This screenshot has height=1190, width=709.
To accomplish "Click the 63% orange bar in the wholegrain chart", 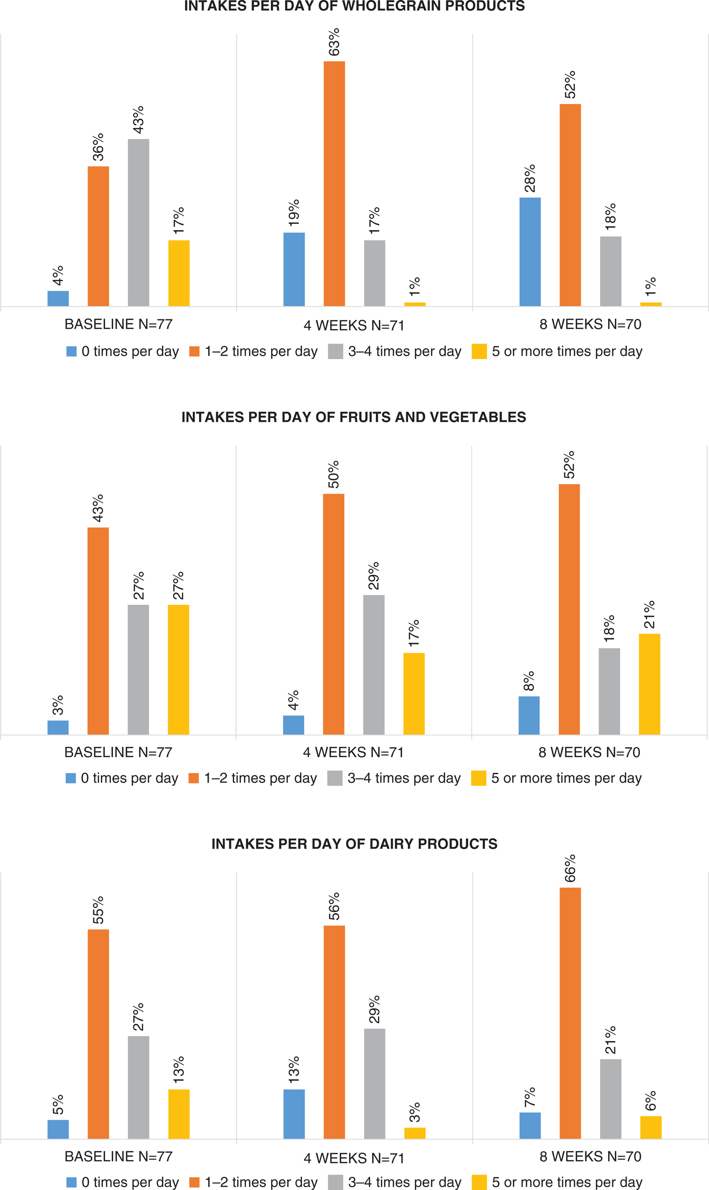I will (334, 183).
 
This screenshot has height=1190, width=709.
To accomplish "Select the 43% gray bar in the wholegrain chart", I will (139, 222).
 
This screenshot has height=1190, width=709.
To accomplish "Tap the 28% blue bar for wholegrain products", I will (530, 252).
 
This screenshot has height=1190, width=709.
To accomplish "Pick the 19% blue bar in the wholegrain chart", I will (294, 269).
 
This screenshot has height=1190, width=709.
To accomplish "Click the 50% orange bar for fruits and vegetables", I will (333, 614).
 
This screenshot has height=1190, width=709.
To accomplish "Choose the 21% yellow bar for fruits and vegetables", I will (649, 684).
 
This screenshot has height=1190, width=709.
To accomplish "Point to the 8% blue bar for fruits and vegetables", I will (529, 715).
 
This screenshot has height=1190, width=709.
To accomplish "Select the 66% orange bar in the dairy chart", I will (570, 1013).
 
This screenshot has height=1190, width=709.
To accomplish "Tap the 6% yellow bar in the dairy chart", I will (651, 1127).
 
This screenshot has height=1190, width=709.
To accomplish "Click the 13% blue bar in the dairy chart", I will (294, 1114).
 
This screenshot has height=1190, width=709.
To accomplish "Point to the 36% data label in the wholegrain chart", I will (98, 147).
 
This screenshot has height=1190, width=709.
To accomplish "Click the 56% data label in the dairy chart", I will (334, 906).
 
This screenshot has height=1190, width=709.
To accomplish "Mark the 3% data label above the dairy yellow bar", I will (415, 1112).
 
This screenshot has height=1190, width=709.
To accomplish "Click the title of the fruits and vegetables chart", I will (353, 417).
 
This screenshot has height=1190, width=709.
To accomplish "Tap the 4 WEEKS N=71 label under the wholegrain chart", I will (354, 325).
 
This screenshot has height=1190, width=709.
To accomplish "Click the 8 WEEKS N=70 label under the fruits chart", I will (589, 752).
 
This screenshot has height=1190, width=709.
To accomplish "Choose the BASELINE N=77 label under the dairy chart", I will (119, 1156).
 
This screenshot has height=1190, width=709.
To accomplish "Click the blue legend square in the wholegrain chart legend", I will (72, 351).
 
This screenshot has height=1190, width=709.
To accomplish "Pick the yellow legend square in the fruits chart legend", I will (478, 778).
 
